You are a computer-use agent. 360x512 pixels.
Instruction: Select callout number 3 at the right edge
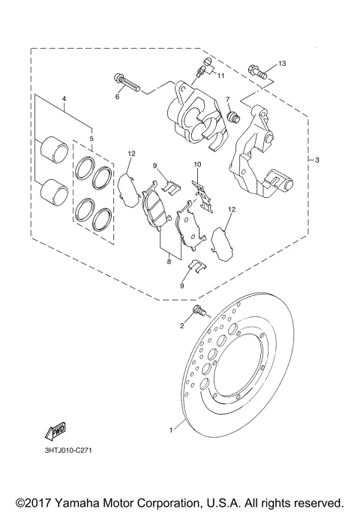tap(317, 160)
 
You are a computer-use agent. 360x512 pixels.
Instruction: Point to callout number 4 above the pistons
tap(64, 99)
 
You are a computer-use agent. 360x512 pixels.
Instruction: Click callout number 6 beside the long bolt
tap(118, 96)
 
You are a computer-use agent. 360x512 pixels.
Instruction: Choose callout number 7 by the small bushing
tap(227, 99)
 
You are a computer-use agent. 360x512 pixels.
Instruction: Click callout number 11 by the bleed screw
tap(221, 75)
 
